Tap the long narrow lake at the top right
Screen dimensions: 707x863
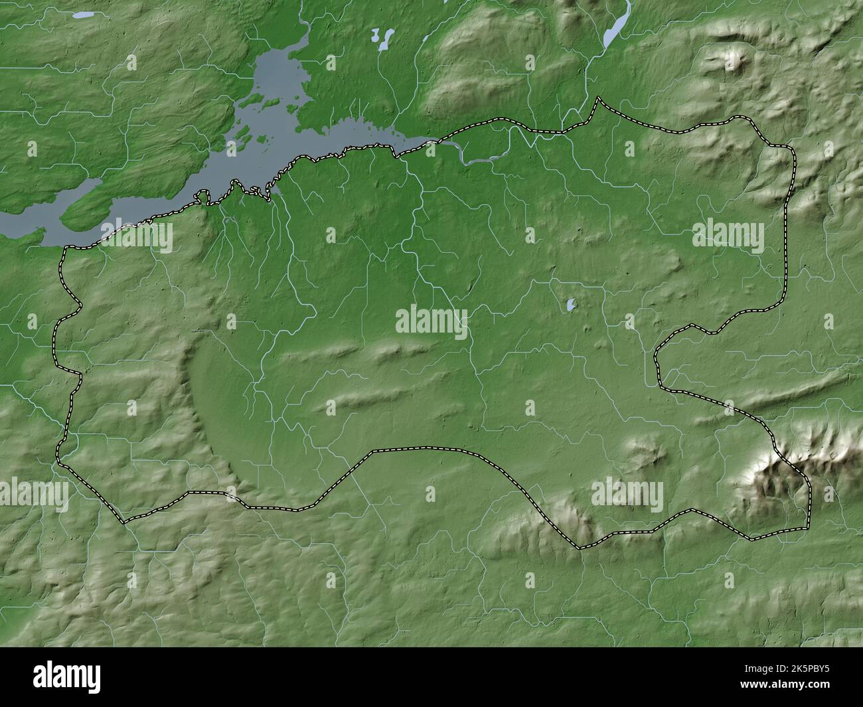tap(616, 27)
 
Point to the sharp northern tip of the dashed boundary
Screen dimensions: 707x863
tap(597, 99)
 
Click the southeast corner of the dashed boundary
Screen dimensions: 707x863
tap(809, 527)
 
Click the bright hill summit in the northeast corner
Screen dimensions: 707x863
tap(734, 62)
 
